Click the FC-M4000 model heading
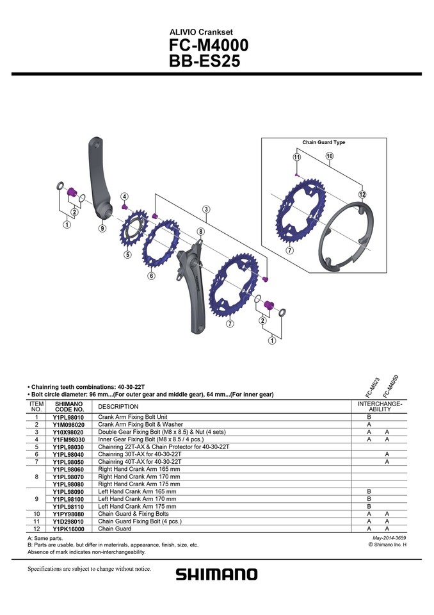208,46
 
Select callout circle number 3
206,209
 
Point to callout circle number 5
127,254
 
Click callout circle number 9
102,228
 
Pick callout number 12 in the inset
362,194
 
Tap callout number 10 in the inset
329,156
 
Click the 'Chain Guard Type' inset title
323,142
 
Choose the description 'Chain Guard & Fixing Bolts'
133,514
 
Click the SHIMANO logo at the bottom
216,574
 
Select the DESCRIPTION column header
118,407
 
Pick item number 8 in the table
36,477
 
